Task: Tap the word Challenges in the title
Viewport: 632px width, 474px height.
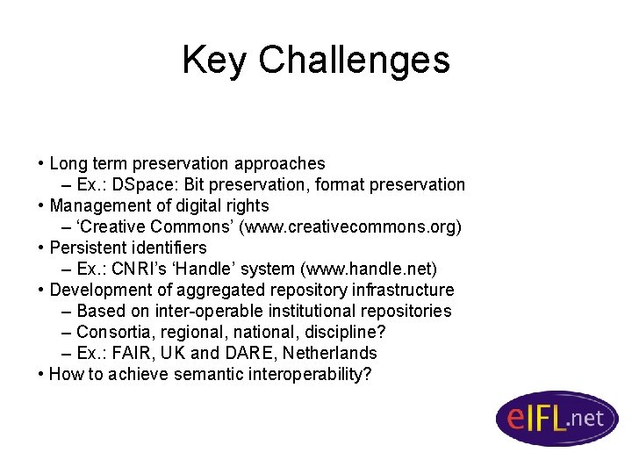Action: [354, 60]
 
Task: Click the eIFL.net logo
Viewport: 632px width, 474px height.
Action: [557, 419]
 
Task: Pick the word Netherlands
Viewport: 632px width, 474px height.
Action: [333, 353]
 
